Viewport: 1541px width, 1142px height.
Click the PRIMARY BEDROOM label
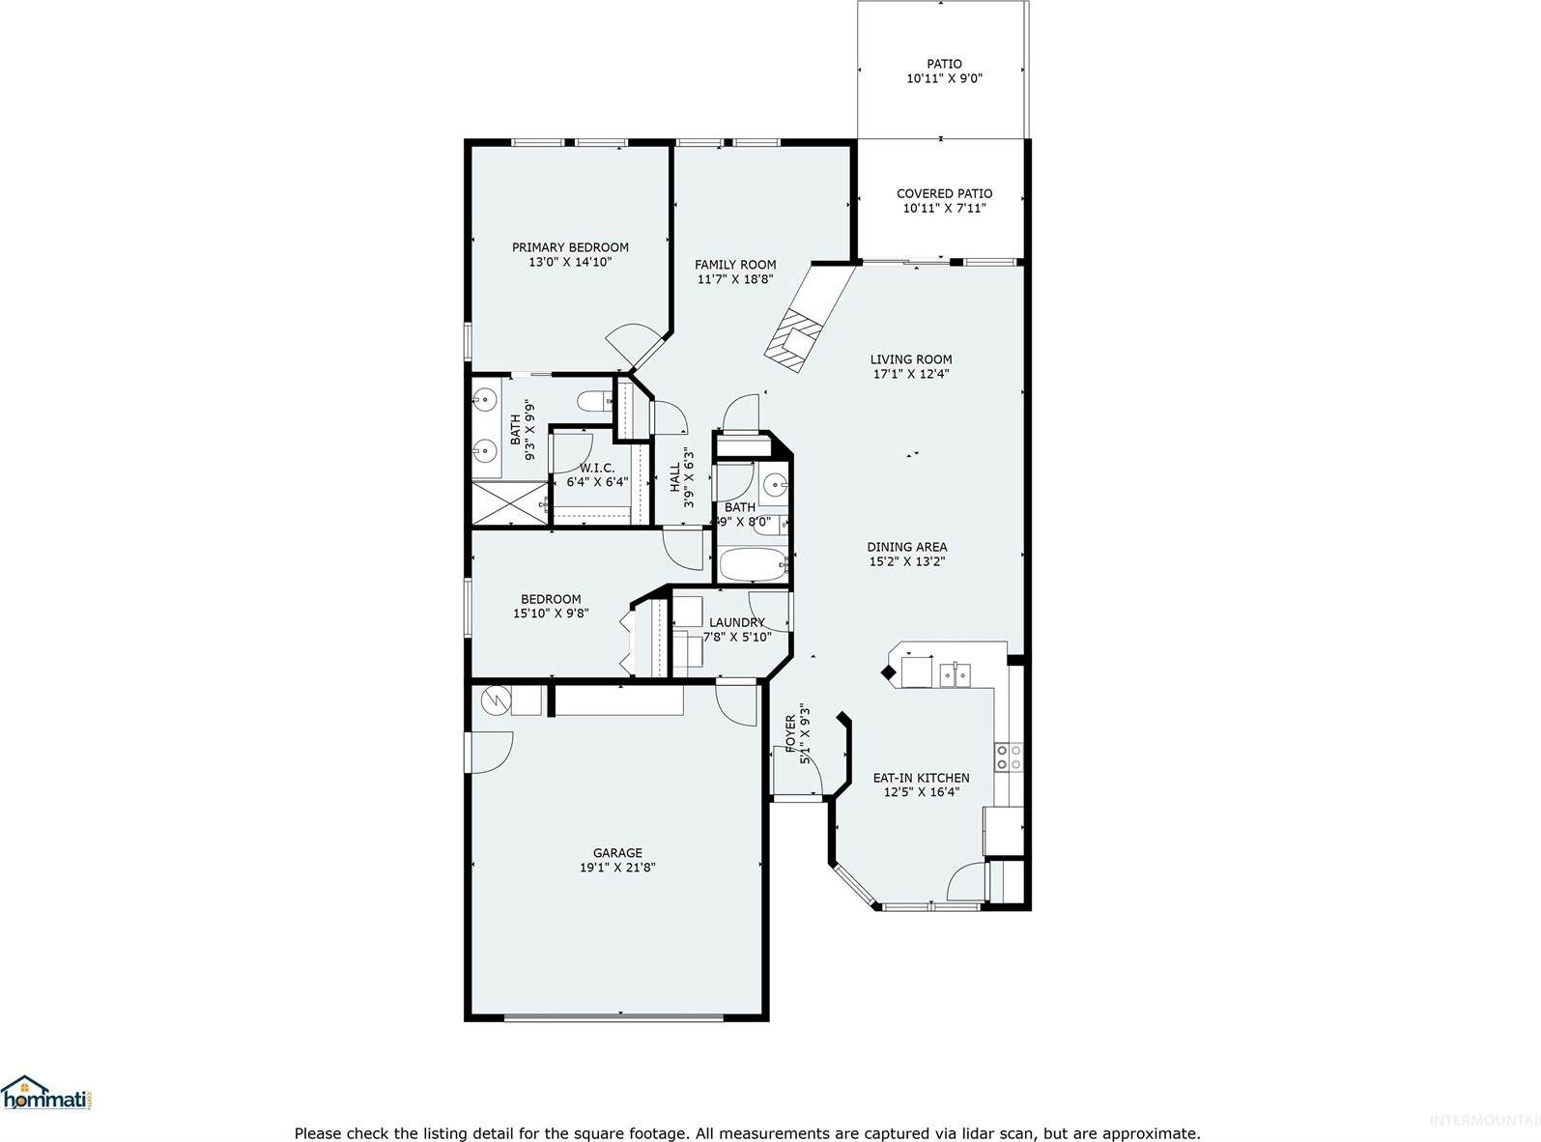[570, 247]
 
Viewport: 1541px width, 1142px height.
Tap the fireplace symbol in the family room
[794, 338]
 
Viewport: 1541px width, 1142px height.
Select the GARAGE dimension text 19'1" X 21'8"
[617, 868]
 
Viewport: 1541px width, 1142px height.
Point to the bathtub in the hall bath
[755, 566]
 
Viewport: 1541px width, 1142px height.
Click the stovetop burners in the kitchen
[1009, 757]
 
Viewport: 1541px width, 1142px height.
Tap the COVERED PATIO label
[944, 193]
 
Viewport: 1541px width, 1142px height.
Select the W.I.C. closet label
[597, 468]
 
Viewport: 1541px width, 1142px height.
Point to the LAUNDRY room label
[736, 622]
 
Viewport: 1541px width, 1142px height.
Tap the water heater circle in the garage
[495, 699]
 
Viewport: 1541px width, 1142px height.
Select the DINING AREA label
[906, 547]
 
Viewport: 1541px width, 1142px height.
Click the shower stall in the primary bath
[508, 503]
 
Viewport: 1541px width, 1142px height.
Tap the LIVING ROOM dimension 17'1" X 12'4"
[910, 374]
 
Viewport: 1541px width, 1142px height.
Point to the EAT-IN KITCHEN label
[921, 778]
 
